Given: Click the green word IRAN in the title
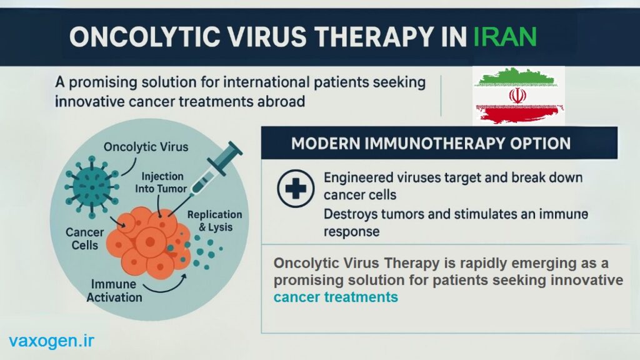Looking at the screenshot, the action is click(x=505, y=37).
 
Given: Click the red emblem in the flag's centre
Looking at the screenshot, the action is click(x=517, y=96).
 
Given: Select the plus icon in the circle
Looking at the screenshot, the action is click(x=296, y=189).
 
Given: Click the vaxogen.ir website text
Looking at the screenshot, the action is click(x=51, y=341).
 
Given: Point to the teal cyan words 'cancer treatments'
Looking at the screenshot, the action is click(x=336, y=297).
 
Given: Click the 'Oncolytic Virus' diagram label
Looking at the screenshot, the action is click(x=146, y=147).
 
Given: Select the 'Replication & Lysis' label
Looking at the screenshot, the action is click(x=215, y=221).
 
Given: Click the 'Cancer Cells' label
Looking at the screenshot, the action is click(x=85, y=239).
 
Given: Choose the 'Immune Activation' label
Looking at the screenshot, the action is click(x=114, y=291).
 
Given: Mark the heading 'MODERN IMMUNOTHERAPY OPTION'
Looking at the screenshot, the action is click(x=431, y=144).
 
